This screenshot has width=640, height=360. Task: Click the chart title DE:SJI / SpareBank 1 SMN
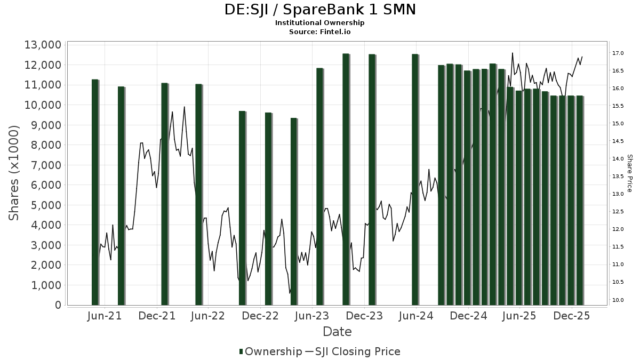(x=319, y=10)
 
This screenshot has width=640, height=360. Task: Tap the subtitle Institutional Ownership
(x=319, y=23)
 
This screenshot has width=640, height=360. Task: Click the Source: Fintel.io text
(x=319, y=31)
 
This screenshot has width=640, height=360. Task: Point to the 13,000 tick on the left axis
(x=43, y=45)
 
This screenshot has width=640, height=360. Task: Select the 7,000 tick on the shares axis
(x=45, y=165)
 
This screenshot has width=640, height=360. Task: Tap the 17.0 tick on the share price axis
(x=618, y=53)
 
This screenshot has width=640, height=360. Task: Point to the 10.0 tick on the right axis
(x=618, y=300)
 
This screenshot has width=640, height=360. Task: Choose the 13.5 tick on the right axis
(x=618, y=177)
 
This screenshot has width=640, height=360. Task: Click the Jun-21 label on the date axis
(x=104, y=316)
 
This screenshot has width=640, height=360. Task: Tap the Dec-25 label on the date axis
(x=571, y=316)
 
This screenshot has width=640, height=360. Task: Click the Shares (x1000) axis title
(x=14, y=173)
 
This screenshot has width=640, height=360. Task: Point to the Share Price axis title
(x=629, y=173)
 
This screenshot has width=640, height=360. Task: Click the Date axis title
(x=337, y=332)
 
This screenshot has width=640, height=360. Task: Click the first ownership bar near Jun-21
(x=95, y=192)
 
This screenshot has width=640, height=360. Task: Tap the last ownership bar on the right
(x=579, y=200)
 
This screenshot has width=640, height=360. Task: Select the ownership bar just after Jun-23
(x=319, y=186)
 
